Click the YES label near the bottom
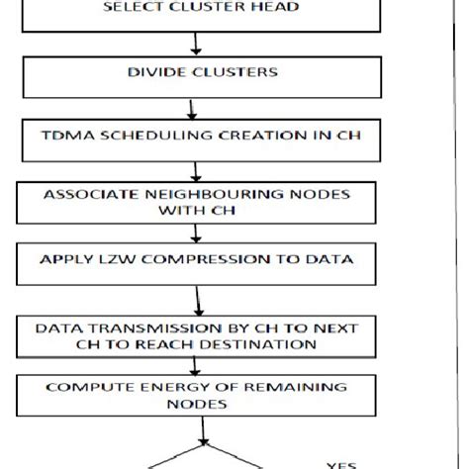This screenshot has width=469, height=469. coord(342,464)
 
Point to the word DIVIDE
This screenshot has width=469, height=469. coord(153,72)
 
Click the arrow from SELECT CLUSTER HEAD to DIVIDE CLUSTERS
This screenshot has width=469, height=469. coord(198,45)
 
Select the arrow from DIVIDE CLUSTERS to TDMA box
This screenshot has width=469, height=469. coord(198,106)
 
